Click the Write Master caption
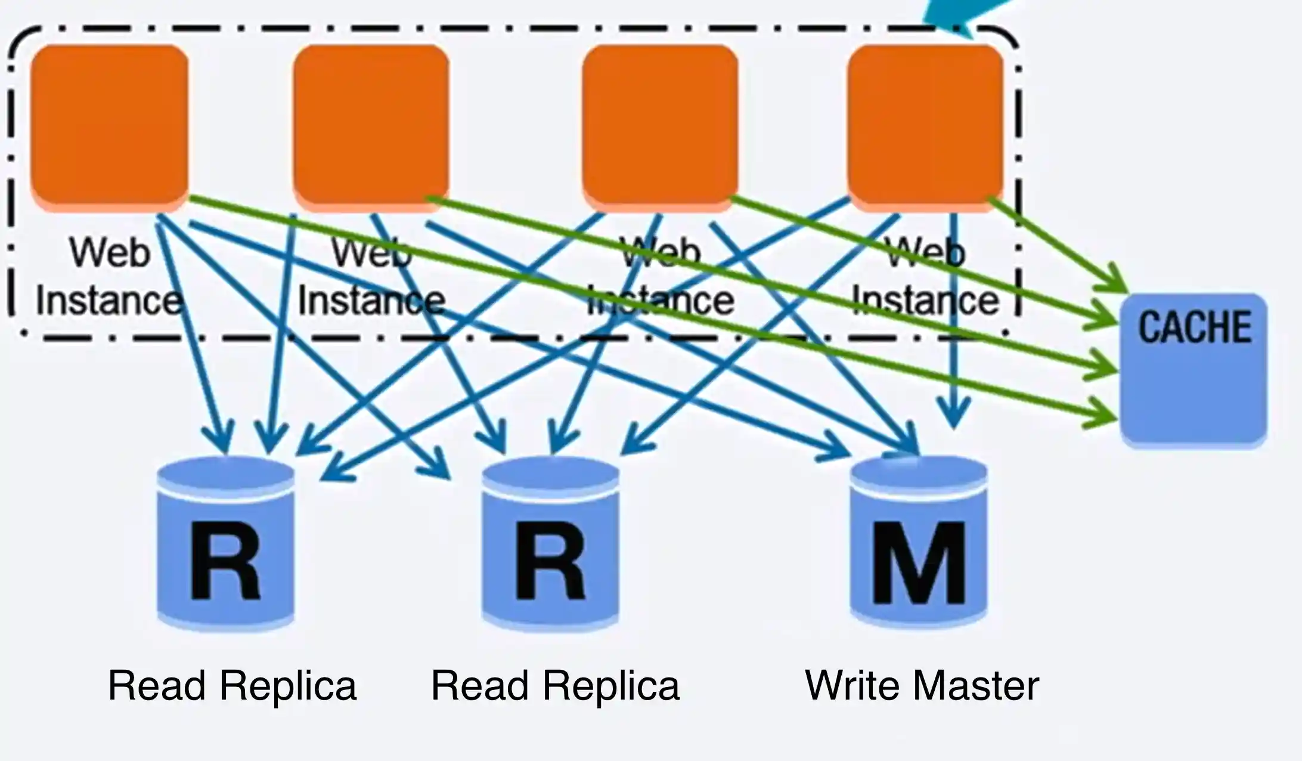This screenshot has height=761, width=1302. click(x=922, y=685)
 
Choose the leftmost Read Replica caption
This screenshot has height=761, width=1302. click(x=232, y=685)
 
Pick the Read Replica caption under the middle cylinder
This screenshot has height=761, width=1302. click(x=555, y=685)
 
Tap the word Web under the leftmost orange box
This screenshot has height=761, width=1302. click(x=110, y=253)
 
